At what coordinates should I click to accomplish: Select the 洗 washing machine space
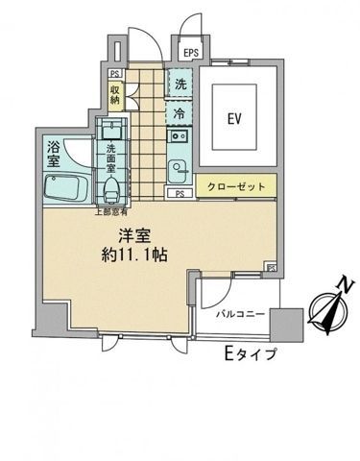[180, 85]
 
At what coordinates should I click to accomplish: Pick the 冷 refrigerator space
[180, 113]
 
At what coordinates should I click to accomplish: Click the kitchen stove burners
[179, 137]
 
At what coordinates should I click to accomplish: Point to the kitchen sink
[179, 172]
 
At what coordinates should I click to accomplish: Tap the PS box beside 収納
[115, 74]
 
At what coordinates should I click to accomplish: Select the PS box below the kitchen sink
[180, 194]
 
